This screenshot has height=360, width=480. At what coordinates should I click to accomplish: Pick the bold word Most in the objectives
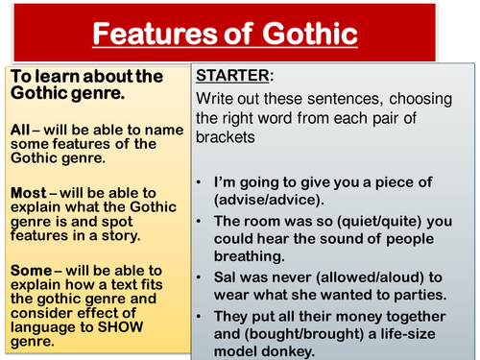coord(26,193)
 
